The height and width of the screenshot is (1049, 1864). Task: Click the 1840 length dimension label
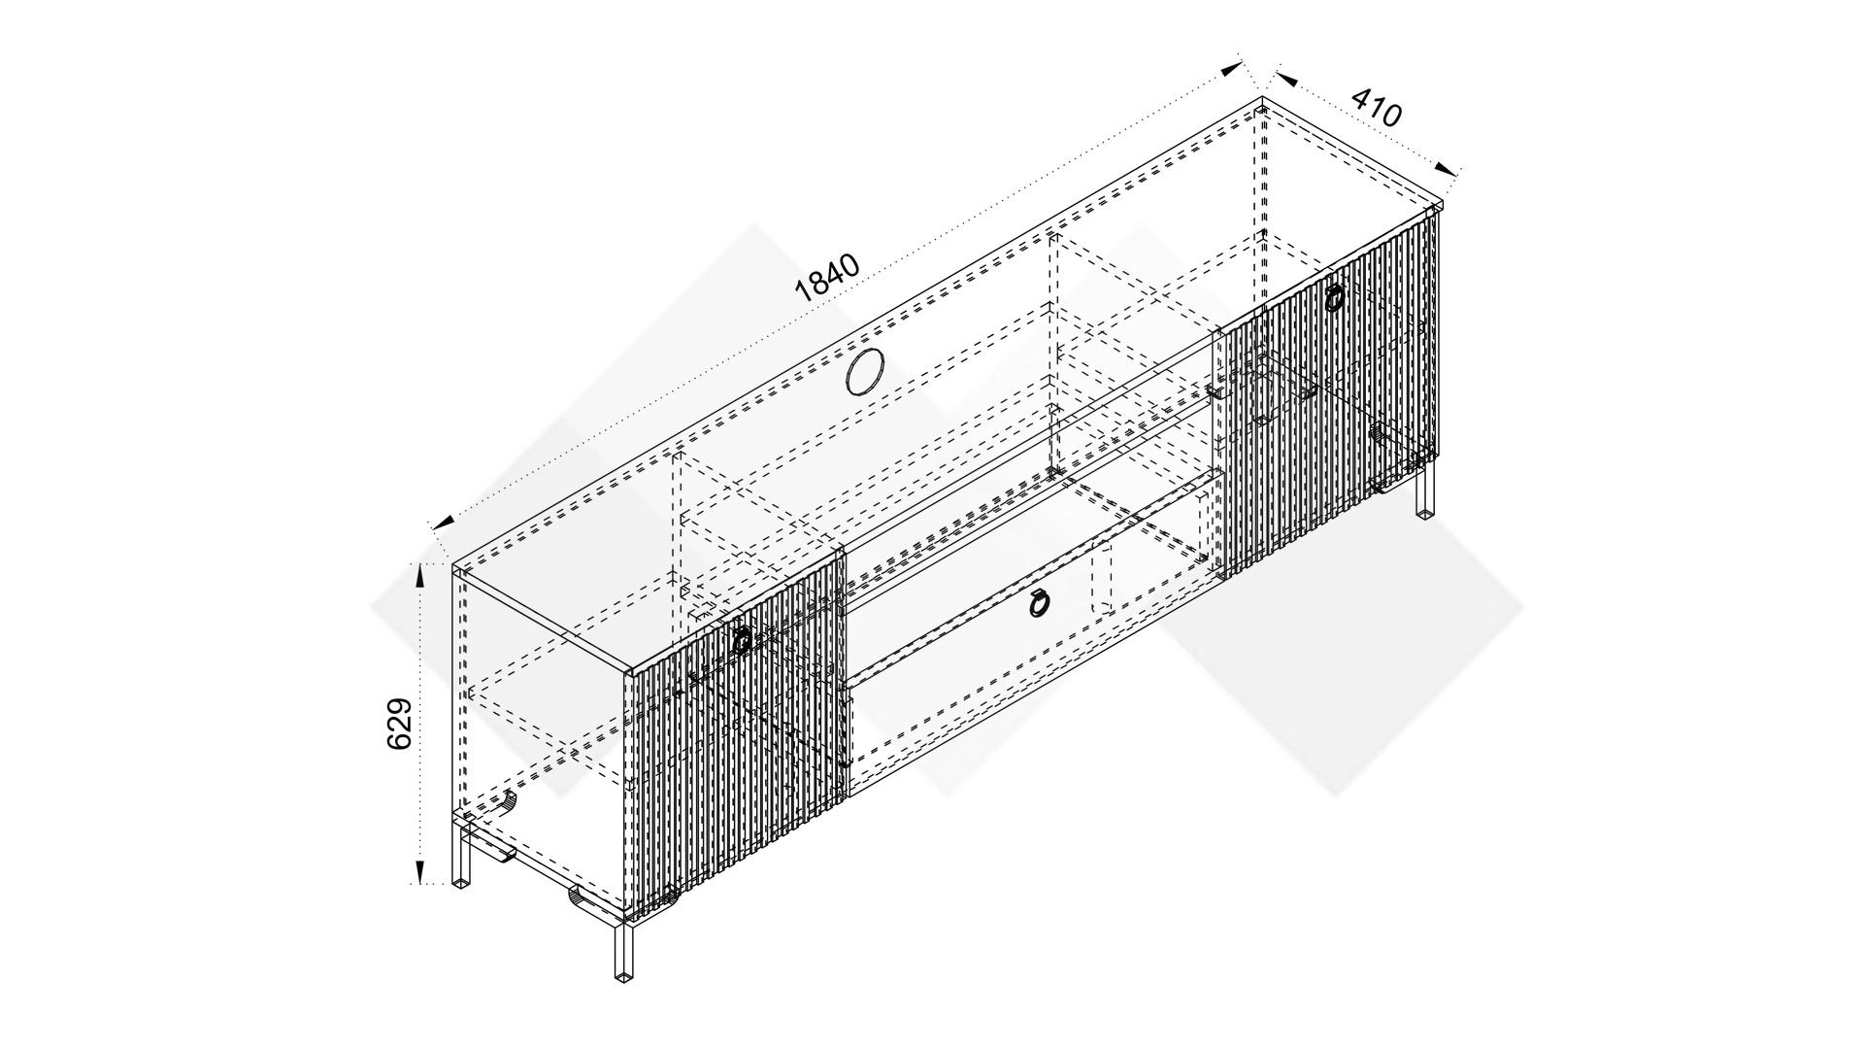pos(827,279)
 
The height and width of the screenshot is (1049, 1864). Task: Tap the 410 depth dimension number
pos(1377,108)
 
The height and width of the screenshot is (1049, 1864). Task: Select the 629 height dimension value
pos(400,724)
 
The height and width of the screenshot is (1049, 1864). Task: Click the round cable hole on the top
pos(865,373)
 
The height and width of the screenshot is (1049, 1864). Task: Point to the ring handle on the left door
pos(742,640)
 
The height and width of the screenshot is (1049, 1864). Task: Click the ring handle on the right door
pos(1334,296)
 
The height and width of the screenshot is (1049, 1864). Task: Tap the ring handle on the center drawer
pos(1038,604)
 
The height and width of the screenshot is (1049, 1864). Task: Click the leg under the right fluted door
pos(1425,491)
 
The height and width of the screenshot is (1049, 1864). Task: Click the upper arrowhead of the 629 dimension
pos(420,579)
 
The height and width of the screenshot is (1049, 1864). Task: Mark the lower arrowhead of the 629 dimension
pos(420,871)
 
